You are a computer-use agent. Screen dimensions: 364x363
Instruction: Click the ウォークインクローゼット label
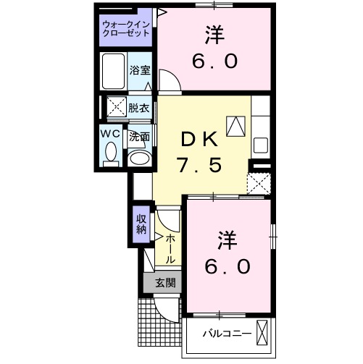click(x=125, y=28)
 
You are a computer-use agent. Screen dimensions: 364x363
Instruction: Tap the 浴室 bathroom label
click(x=140, y=70)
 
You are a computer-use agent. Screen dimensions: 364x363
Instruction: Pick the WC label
click(x=110, y=134)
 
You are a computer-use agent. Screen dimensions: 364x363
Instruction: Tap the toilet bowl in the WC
click(x=111, y=152)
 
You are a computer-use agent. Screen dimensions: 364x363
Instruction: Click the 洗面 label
click(x=139, y=136)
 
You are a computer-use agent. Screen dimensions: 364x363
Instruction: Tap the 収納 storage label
click(x=140, y=224)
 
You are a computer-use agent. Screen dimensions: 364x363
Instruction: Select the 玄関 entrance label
click(x=163, y=283)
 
